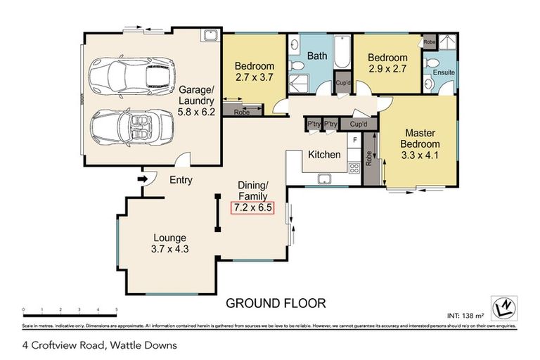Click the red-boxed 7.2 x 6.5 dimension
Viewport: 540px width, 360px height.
pos(252,207)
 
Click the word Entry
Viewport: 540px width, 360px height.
pos(181,180)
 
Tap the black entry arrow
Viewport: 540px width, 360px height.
pos(143,179)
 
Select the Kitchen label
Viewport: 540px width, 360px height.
pos(323,155)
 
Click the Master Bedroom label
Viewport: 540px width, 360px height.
pos(420,144)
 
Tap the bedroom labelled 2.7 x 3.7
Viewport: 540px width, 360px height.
pos(252,74)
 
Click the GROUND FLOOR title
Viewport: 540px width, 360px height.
pos(275,304)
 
